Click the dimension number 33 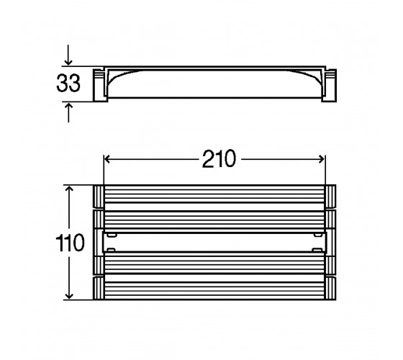pyautogui.click(x=68, y=83)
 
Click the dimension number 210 pyautogui.click(x=219, y=159)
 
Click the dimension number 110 pyautogui.click(x=70, y=243)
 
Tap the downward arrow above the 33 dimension pyautogui.click(x=68, y=55)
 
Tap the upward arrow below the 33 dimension pyautogui.click(x=68, y=112)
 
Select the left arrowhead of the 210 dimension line pyautogui.click(x=107, y=159)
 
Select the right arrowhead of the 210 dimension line pyautogui.click(x=322, y=159)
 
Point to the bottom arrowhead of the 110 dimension pyautogui.click(x=69, y=296)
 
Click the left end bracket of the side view pyautogui.click(x=100, y=85)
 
